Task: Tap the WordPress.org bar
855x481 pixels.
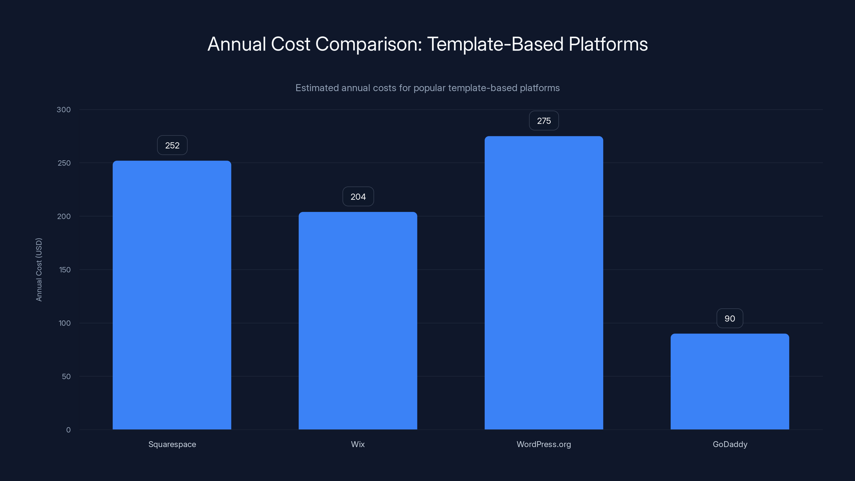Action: pos(544,282)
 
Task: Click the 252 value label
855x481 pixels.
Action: pos(172,145)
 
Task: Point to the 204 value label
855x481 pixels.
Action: pos(358,197)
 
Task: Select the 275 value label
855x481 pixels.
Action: pos(544,121)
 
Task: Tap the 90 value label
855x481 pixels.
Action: pos(729,319)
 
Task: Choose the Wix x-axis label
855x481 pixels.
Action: pos(358,444)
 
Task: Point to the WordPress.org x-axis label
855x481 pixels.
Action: pos(544,444)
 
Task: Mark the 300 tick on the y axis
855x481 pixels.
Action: pos(64,110)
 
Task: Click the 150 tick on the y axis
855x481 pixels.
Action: pos(65,270)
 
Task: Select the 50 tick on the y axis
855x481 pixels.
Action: pos(66,377)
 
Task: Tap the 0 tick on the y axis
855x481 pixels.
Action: pos(68,430)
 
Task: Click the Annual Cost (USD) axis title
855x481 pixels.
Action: pos(39,270)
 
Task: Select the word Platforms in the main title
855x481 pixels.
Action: pos(608,44)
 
